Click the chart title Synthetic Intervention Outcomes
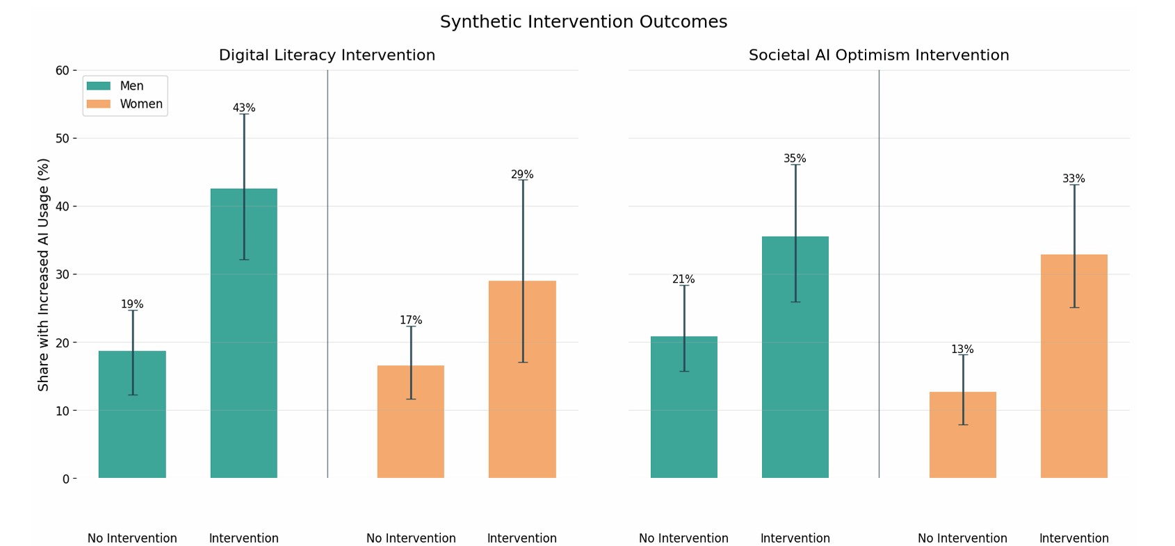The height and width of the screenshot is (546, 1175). click(583, 22)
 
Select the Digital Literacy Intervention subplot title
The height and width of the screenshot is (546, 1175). click(327, 56)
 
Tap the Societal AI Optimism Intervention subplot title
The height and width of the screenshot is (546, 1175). click(878, 56)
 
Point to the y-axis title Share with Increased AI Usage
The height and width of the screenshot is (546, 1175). click(44, 274)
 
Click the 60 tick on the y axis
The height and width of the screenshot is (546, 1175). click(62, 70)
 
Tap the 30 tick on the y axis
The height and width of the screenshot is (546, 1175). click(62, 274)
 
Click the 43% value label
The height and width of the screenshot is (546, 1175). click(243, 108)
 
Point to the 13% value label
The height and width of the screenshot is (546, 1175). click(962, 349)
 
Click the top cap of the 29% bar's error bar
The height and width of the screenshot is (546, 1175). click(522, 181)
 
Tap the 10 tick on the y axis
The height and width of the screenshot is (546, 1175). click(62, 411)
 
